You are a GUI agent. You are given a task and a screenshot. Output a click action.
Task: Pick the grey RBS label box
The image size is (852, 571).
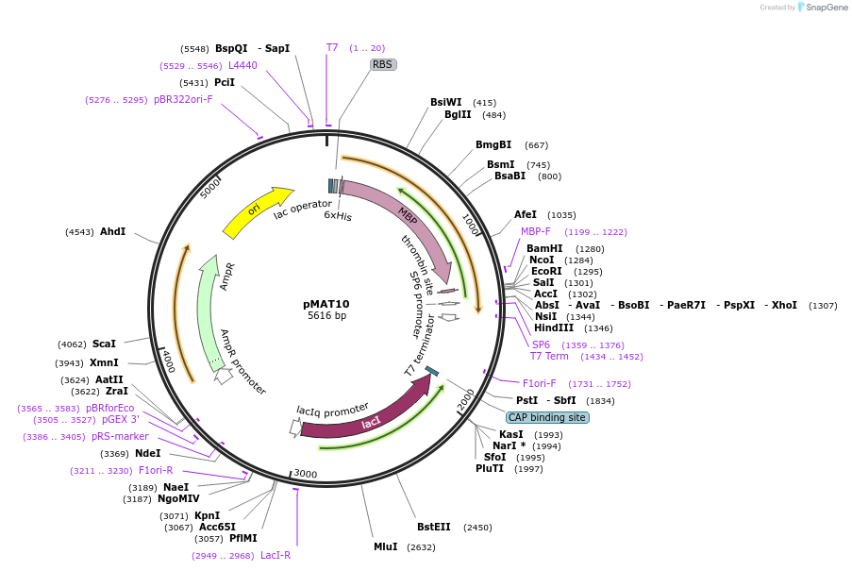[x=382, y=65]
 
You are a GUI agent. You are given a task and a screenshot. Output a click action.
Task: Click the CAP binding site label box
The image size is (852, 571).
[x=547, y=417]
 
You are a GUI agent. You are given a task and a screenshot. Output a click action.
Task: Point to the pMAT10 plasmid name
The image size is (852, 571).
[x=326, y=304]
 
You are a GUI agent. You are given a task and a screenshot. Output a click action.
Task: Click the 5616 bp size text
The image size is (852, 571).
[x=326, y=315]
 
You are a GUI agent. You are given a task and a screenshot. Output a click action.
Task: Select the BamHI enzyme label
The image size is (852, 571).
[x=544, y=249]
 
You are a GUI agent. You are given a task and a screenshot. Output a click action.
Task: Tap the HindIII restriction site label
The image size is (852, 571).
[x=554, y=328]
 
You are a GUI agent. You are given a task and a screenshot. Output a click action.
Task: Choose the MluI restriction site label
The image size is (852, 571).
[x=385, y=546]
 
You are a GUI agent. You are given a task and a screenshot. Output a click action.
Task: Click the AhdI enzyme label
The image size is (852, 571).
[x=113, y=231]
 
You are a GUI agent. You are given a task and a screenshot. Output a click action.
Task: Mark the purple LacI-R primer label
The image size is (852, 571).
[x=276, y=556]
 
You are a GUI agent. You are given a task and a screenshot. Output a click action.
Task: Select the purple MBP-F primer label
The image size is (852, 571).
[x=536, y=231]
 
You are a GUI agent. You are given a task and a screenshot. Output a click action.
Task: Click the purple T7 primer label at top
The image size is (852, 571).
[x=332, y=47]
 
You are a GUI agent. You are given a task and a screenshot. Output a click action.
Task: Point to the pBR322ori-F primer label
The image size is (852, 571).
[x=183, y=99]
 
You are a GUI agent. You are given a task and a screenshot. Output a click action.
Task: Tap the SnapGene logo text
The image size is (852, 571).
[x=824, y=8]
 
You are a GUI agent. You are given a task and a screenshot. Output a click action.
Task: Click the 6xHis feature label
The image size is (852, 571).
[x=338, y=215]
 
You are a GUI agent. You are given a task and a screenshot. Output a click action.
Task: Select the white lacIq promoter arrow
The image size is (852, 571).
[x=295, y=428]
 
